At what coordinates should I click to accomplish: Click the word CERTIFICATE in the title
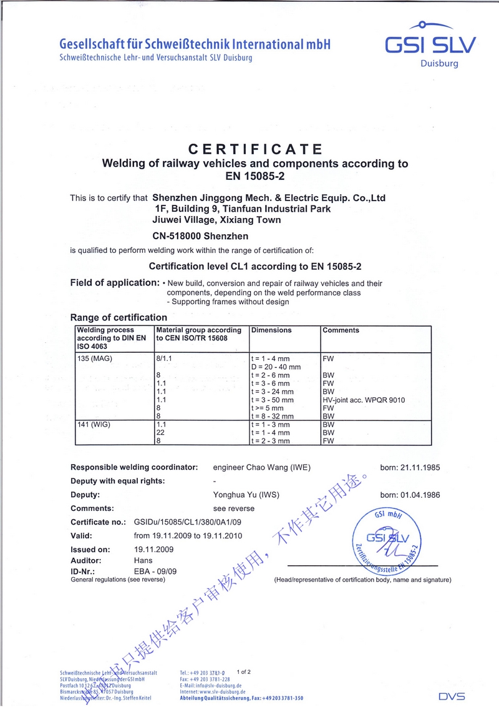click(x=256, y=149)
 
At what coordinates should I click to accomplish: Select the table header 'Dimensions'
click(x=271, y=330)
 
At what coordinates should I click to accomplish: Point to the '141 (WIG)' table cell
click(x=92, y=424)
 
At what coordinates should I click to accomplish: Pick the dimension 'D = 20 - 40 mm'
click(x=276, y=367)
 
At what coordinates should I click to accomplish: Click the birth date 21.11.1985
click(x=410, y=467)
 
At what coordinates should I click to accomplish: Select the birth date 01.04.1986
click(x=410, y=495)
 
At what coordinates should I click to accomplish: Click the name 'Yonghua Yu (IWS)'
click(x=246, y=495)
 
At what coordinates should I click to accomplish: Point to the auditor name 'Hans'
click(x=143, y=560)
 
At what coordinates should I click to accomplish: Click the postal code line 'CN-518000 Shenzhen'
click(x=200, y=236)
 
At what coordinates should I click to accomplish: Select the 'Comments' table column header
click(x=341, y=330)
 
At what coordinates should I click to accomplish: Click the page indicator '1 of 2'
click(x=244, y=672)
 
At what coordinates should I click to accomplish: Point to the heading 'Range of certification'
click(x=119, y=317)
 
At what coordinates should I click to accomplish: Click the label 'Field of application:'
click(x=115, y=282)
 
